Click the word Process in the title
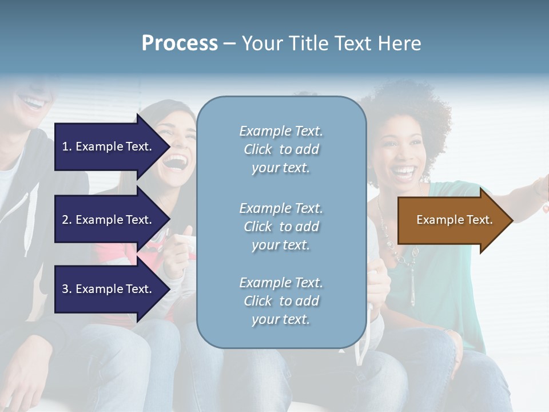[180, 43]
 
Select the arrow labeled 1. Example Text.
[109, 146]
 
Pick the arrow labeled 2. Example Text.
[109, 220]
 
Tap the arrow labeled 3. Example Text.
[109, 289]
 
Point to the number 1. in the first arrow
[67, 146]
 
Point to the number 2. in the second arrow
[67, 220]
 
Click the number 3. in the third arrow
[67, 289]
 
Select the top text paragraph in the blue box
[281, 149]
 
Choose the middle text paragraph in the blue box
[281, 227]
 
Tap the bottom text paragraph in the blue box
[281, 301]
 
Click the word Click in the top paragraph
[257, 150]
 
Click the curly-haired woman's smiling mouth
[405, 171]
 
